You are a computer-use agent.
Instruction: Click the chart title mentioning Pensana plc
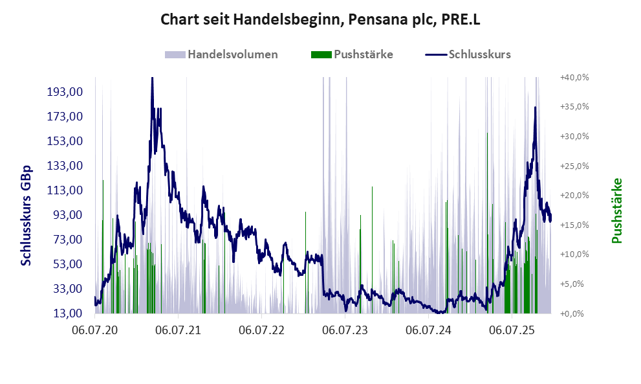click(x=320, y=20)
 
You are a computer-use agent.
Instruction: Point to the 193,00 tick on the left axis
click(x=65, y=92)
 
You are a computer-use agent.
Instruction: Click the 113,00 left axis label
click(x=65, y=190)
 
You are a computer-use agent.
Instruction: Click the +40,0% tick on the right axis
click(x=574, y=77)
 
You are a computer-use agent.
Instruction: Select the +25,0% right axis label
click(x=574, y=166)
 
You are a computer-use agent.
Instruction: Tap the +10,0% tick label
click(x=574, y=254)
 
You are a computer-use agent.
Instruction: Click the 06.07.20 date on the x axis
click(x=95, y=330)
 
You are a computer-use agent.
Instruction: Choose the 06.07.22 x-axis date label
click(x=261, y=330)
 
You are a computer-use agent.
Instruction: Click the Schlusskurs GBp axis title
click(x=27, y=214)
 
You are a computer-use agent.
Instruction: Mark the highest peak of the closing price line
click(x=152, y=79)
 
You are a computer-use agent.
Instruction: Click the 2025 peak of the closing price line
click(x=535, y=108)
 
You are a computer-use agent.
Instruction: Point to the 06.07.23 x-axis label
click(x=345, y=330)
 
